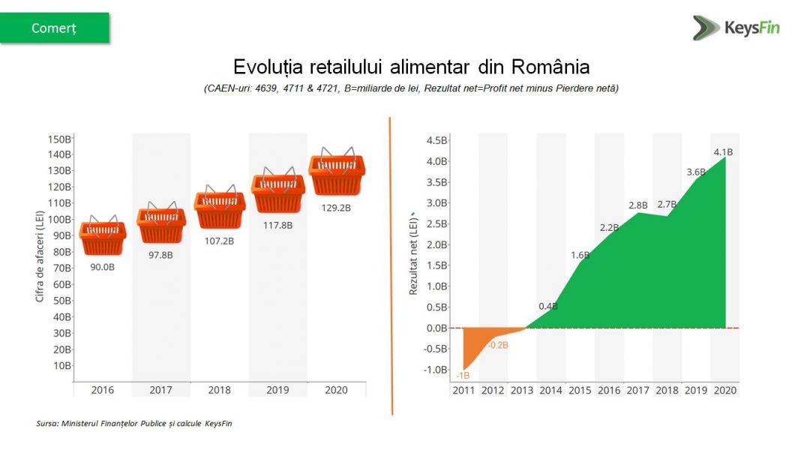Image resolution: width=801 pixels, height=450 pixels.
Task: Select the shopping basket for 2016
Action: click(103, 236)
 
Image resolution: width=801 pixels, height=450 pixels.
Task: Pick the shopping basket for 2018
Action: click(219, 208)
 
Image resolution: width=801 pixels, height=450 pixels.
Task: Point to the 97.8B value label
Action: click(160, 254)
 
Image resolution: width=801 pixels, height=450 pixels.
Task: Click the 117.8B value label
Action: click(278, 223)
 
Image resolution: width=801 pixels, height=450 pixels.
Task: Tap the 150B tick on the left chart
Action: click(59, 139)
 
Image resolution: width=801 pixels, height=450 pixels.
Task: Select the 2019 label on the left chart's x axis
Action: click(277, 390)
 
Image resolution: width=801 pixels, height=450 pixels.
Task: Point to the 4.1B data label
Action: click(723, 151)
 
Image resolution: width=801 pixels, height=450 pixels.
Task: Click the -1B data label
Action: click(463, 375)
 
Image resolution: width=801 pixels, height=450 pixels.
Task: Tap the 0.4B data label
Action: click(548, 306)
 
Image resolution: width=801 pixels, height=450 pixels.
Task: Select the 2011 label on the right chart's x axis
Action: click(463, 390)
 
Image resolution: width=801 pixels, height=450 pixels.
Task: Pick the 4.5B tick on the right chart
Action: click(437, 140)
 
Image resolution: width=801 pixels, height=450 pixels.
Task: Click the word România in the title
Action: click(550, 67)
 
